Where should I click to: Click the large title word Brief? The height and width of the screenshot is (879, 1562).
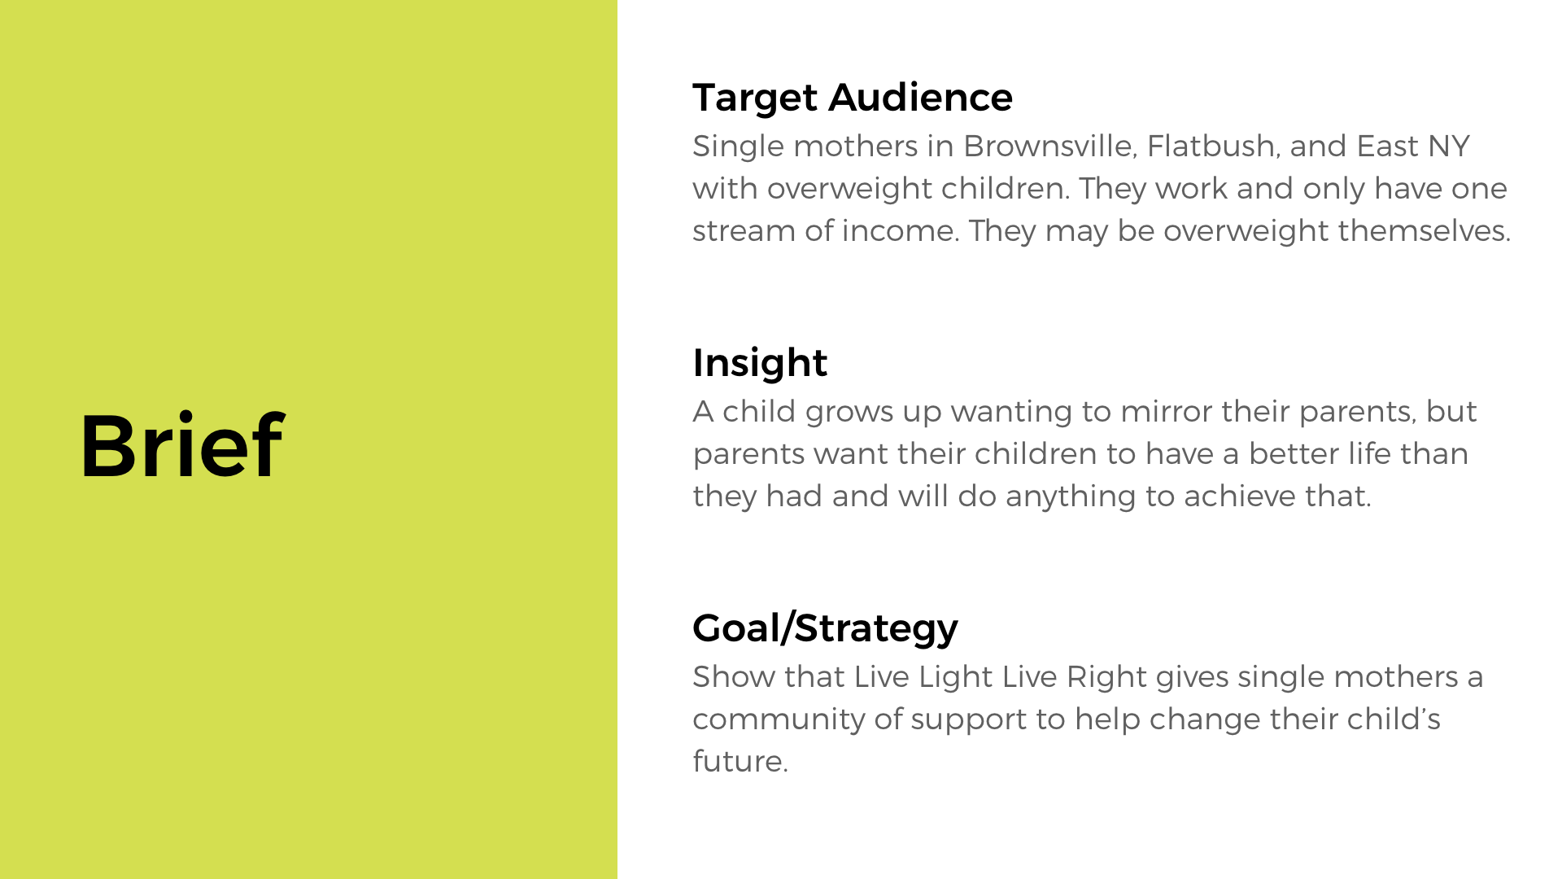182,445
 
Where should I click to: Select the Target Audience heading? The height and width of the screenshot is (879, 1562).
853,98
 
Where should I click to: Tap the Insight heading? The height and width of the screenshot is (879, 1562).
760,363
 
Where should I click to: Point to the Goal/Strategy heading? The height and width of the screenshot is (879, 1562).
825,628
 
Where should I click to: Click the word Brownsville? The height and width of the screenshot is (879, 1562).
1049,146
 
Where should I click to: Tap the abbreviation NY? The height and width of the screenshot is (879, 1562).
1449,146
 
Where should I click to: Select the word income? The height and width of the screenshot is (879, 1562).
899,231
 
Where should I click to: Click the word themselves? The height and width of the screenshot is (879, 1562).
1424,231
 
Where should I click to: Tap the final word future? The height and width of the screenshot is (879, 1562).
740,762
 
